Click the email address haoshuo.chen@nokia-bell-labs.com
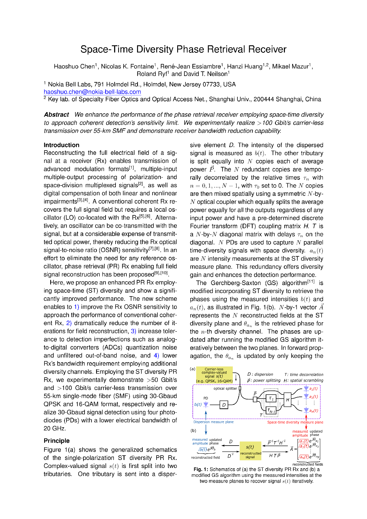(x=92, y=92)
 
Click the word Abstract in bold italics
(x=56, y=115)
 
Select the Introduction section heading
(x=61, y=145)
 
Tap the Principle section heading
(x=56, y=441)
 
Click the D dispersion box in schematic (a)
(x=224, y=405)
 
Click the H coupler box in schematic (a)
(x=287, y=399)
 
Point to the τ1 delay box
(x=271, y=398)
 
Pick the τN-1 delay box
(x=271, y=411)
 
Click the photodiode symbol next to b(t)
(x=206, y=405)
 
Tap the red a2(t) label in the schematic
(x=313, y=397)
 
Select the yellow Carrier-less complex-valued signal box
(x=214, y=375)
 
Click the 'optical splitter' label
(x=225, y=389)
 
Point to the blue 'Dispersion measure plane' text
(x=213, y=422)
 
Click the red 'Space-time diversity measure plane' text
(x=295, y=422)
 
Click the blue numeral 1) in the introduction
(x=76, y=307)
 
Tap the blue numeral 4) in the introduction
(x=156, y=356)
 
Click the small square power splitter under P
(x=255, y=399)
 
